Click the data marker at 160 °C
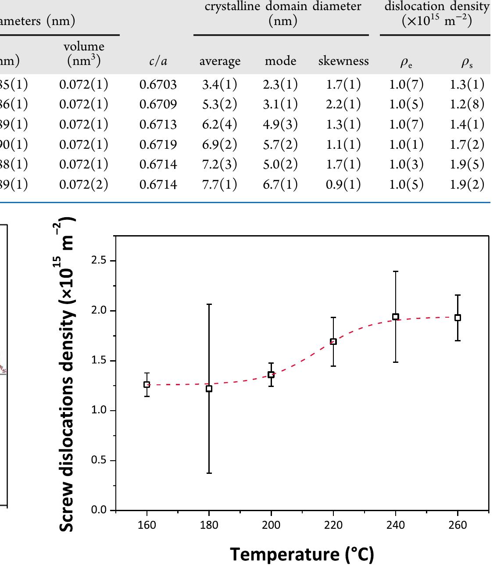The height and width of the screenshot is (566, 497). [147, 384]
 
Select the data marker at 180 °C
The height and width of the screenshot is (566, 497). [209, 389]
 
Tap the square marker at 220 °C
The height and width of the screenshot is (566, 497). [333, 341]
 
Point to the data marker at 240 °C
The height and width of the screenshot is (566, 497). [396, 317]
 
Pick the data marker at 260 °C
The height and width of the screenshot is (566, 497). [458, 318]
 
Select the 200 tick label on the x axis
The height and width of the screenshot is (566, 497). [271, 525]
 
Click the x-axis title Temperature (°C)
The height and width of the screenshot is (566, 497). [302, 554]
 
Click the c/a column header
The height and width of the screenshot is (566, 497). [158, 61]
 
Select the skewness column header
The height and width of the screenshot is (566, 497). [343, 61]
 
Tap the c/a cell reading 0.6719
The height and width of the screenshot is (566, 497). [158, 144]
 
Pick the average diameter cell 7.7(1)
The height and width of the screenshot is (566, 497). [219, 184]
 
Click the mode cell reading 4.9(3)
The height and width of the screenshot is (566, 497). [280, 125]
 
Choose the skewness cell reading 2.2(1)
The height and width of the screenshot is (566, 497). [343, 104]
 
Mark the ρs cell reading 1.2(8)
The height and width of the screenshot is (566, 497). [467, 104]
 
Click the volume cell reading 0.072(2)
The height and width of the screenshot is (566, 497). [83, 184]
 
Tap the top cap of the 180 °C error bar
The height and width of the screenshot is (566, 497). [209, 304]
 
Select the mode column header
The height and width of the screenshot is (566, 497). [280, 61]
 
